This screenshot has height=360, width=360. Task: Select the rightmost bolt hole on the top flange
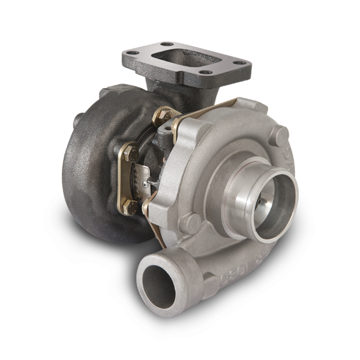click(x=239, y=62)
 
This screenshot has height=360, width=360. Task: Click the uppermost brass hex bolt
click(x=164, y=114)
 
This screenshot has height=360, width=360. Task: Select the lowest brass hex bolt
click(x=128, y=207)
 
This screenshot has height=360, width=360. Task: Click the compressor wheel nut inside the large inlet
click(x=262, y=203)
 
